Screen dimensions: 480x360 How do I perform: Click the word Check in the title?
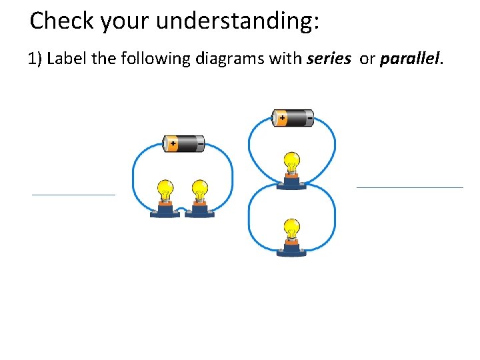[x=62, y=21]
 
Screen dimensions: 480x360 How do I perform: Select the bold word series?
[x=328, y=59]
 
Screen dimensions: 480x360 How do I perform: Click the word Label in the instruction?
[x=67, y=59]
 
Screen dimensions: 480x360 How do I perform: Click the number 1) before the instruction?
[x=35, y=59]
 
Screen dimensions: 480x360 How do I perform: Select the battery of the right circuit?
[x=293, y=119]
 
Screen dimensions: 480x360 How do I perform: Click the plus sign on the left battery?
[x=173, y=143]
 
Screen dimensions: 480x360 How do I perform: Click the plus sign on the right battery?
[x=282, y=119]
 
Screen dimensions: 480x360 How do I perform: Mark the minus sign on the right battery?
[x=309, y=119]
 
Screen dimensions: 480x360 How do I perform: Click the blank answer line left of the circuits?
[x=73, y=194]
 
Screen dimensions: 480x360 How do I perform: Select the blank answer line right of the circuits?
[x=409, y=187]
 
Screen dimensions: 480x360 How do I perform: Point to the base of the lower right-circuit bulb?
[x=291, y=249]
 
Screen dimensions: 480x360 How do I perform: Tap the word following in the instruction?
[x=159, y=59]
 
